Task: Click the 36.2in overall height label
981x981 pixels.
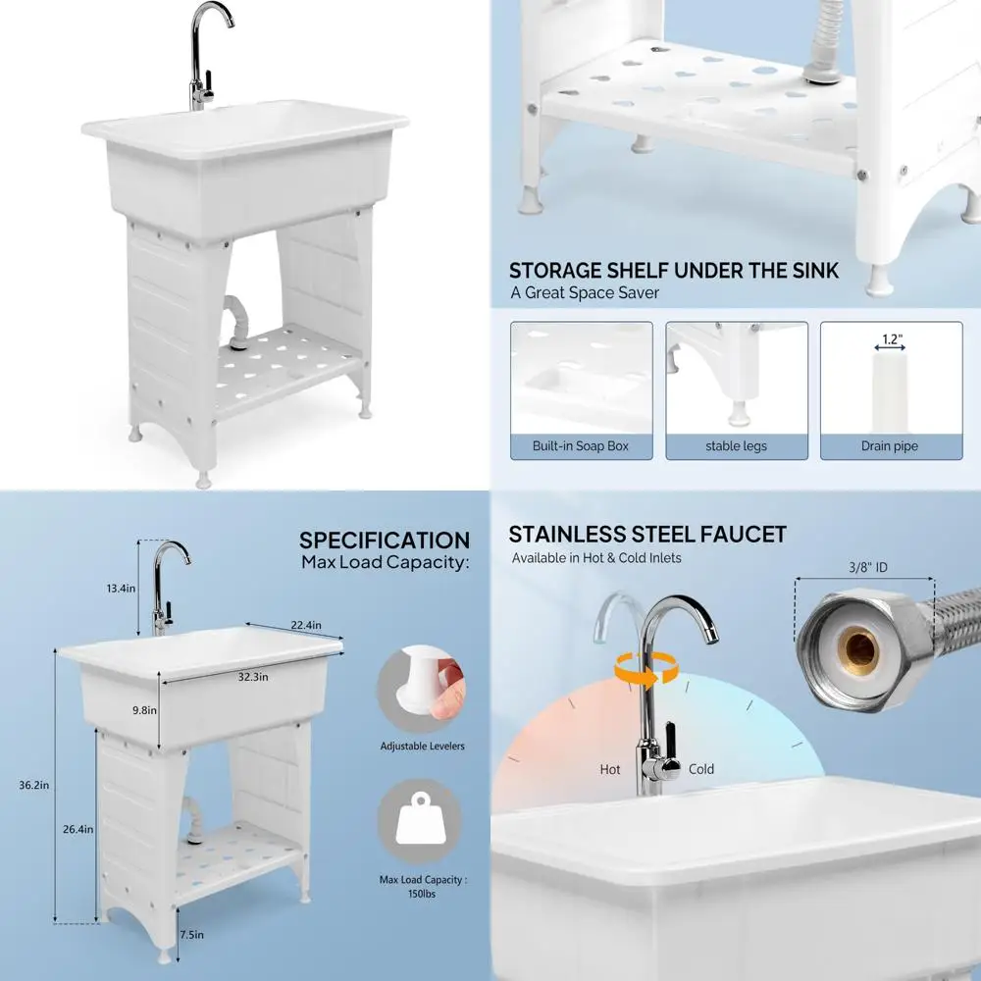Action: pos(35,784)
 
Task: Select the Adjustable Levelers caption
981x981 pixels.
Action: pos(422,747)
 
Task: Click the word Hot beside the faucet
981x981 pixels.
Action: pos(610,770)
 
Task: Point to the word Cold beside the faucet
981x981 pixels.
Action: pos(701,770)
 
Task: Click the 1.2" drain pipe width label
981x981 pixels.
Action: pos(891,339)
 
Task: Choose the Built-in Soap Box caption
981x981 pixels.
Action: pos(580,446)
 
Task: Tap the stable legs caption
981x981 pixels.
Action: pos(736,446)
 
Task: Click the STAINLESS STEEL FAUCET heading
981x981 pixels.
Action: pos(647,535)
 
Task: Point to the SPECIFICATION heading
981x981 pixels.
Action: pos(385,541)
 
